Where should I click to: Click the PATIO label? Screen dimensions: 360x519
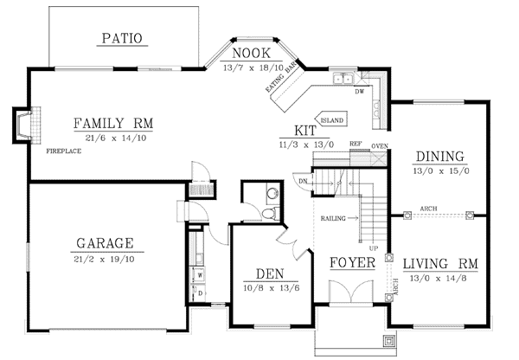(121, 37)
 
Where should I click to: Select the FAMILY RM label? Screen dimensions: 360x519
(114, 122)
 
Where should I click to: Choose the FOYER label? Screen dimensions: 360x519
(351, 262)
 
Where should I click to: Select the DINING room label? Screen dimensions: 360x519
(439, 157)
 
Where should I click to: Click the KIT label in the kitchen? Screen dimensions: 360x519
(304, 130)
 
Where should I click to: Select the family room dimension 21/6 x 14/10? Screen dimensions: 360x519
(114, 137)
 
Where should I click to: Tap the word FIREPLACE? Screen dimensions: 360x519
(63, 151)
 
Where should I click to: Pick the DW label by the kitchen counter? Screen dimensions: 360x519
(359, 89)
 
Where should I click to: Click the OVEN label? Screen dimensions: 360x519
(378, 145)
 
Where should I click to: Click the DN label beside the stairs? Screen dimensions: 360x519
(302, 181)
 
